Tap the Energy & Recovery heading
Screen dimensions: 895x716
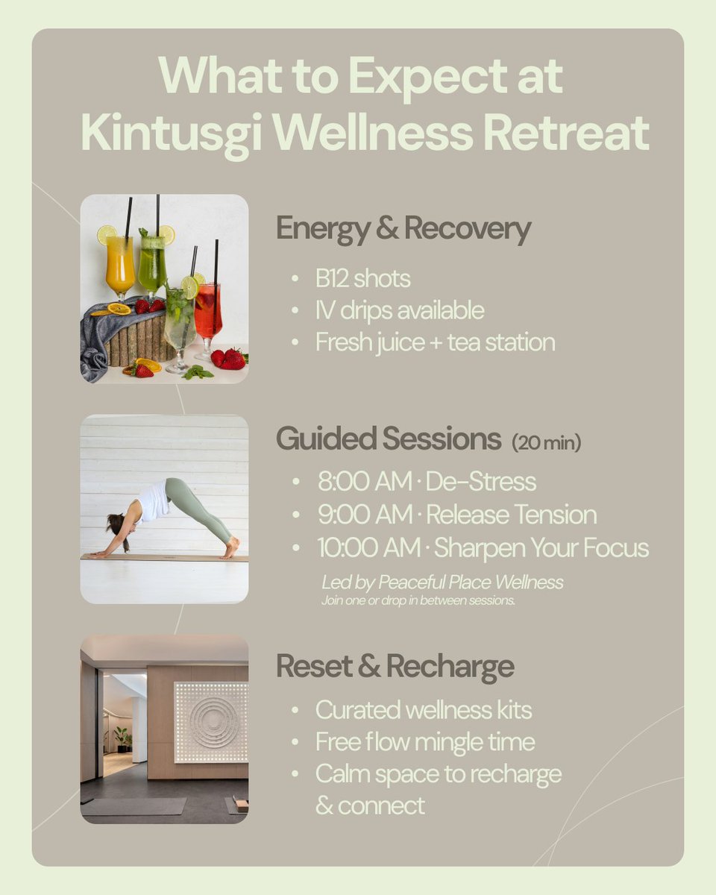click(x=403, y=229)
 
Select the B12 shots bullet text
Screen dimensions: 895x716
click(x=362, y=279)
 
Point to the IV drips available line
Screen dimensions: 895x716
click(x=400, y=310)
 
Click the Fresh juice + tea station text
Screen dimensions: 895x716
click(x=436, y=342)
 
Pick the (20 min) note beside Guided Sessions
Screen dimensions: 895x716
click(x=547, y=443)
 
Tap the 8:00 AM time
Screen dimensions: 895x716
click(x=365, y=482)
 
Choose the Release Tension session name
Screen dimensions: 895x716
click(x=512, y=515)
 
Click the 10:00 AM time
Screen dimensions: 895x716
click(x=369, y=548)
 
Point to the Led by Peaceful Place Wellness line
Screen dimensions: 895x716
click(x=442, y=582)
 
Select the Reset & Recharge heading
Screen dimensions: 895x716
click(x=395, y=666)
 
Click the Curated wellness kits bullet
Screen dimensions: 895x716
click(x=424, y=710)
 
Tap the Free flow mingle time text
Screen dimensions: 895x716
click(x=425, y=742)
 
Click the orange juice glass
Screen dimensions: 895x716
click(x=119, y=265)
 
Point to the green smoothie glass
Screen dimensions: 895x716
click(x=152, y=265)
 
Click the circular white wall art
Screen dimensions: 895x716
click(x=211, y=720)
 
